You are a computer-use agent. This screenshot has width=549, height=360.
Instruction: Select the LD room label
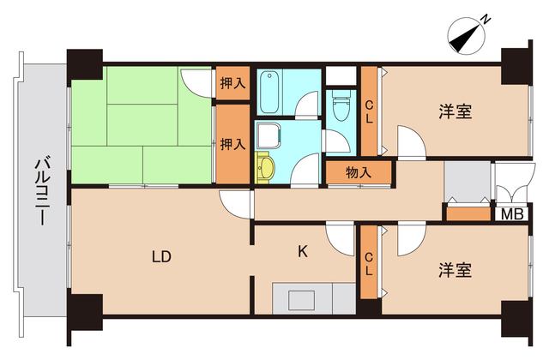click(160, 255)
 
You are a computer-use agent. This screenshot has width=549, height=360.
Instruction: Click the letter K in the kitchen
click(302, 251)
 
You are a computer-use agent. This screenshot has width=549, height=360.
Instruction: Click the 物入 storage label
click(359, 172)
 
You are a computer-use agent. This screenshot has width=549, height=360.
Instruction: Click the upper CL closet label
click(369, 111)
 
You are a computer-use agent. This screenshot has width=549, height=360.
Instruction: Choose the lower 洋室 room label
click(455, 271)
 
